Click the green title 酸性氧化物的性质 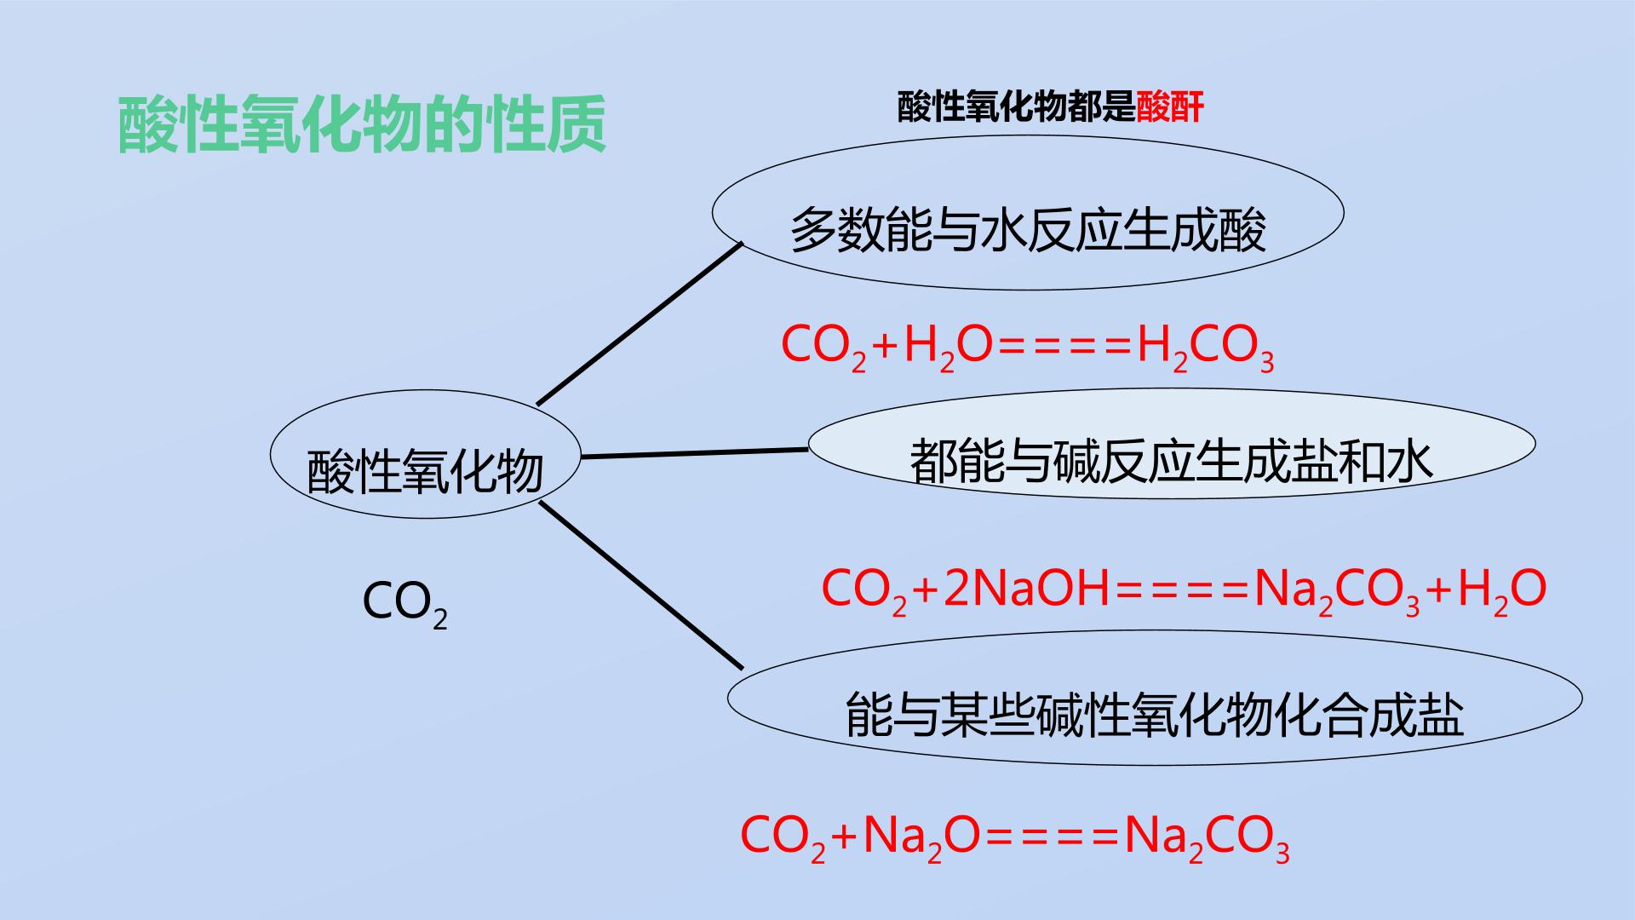coord(362,125)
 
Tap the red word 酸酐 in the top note coord(1170,108)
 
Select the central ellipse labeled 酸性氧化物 coord(426,454)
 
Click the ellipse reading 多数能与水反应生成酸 coord(1028,212)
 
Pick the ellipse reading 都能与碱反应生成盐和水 coord(1172,444)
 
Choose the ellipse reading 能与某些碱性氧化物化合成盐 coord(1155,698)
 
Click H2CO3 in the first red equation coord(1206,348)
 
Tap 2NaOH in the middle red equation coord(1026,589)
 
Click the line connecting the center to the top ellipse coord(640,324)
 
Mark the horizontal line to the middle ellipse coord(695,453)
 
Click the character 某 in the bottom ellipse coord(964,714)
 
